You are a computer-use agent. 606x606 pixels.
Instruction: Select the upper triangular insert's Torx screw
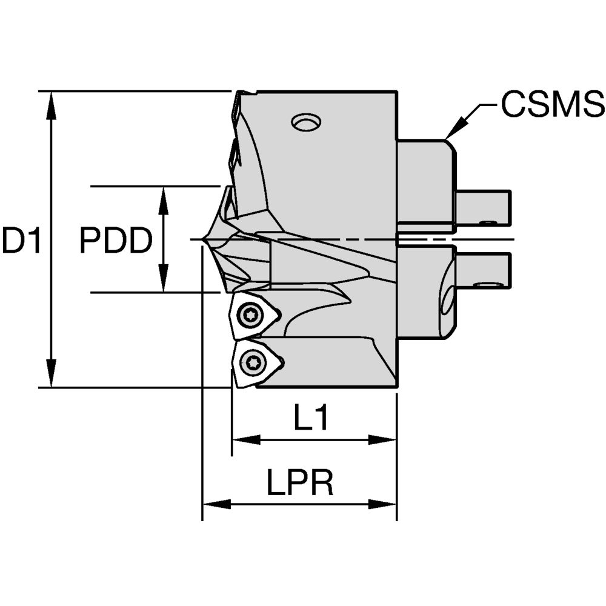coord(249,315)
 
